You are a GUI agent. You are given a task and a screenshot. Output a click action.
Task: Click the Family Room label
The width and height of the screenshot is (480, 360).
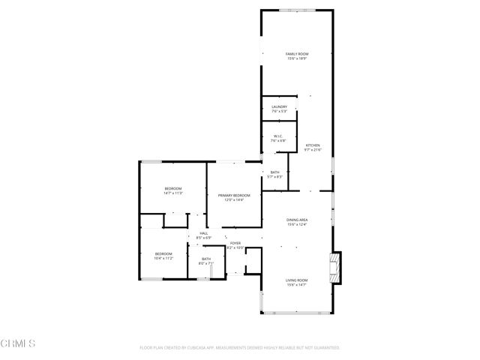297,54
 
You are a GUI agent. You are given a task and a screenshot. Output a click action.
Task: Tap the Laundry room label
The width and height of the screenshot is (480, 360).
279,106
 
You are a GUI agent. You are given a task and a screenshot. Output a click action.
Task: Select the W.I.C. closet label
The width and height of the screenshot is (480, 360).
278,136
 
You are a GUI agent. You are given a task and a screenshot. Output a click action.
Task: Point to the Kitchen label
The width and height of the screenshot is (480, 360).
313,145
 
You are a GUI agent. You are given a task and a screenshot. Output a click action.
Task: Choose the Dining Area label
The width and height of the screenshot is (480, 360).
297,220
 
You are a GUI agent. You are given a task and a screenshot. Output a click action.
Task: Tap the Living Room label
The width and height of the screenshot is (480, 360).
297,280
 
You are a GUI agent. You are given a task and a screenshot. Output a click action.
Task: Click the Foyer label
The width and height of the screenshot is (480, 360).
235,243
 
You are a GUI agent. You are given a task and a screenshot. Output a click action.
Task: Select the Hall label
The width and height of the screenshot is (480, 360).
203,233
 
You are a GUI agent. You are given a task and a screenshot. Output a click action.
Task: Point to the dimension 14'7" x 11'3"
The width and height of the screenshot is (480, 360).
173,193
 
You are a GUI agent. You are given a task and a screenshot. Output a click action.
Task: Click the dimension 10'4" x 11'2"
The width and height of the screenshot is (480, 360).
163,259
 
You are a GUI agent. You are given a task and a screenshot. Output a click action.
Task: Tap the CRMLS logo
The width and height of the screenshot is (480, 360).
19,343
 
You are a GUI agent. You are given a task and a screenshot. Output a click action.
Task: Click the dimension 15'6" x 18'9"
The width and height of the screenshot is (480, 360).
297,58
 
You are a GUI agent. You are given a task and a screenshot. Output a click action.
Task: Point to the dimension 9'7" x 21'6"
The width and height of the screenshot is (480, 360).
313,149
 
